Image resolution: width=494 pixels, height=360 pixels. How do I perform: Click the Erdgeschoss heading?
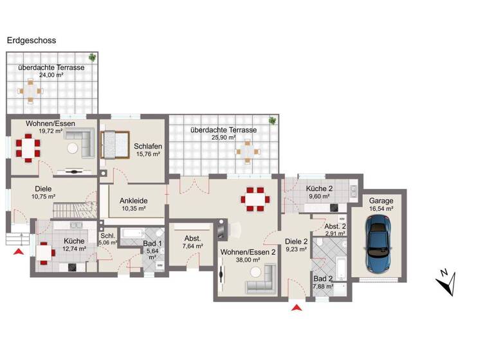pyautogui.click(x=31, y=40)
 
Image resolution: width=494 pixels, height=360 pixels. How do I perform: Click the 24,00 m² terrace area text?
pyautogui.click(x=51, y=75)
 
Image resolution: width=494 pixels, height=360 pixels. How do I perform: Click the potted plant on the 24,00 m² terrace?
pyautogui.click(x=93, y=57)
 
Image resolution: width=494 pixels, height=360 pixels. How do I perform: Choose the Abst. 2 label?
pyautogui.click(x=334, y=227)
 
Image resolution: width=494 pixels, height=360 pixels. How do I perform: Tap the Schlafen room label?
pyautogui.click(x=147, y=146)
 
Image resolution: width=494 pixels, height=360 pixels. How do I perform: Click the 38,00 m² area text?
pyautogui.click(x=246, y=260)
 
